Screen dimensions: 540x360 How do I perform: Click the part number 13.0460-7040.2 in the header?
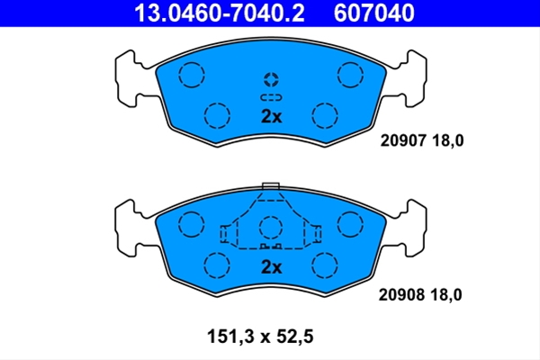tap(220, 13)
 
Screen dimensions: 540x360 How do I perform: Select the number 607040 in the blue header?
tap(374, 13)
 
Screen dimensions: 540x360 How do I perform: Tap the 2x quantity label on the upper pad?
tap(272, 116)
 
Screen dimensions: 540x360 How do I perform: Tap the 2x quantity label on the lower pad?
tap(272, 267)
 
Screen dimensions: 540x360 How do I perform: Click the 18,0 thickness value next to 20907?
tap(447, 140)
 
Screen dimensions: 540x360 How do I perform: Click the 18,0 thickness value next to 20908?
tap(446, 295)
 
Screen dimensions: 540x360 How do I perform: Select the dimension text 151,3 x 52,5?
tap(260, 337)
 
